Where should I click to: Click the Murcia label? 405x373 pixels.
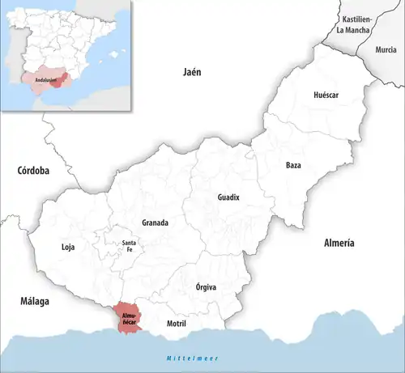pyautogui.click(x=386, y=49)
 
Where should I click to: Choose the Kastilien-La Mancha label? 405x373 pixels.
pyautogui.click(x=356, y=24)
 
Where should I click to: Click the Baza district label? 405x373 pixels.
pyautogui.click(x=293, y=165)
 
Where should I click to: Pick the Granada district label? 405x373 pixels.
pyautogui.click(x=155, y=223)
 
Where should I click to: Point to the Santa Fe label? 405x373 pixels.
pyautogui.click(x=128, y=247)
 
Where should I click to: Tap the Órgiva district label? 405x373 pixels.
pyautogui.click(x=207, y=286)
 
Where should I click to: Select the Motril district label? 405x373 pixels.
pyautogui.click(x=176, y=324)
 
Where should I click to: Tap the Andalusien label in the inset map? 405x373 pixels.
pyautogui.click(x=47, y=79)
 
